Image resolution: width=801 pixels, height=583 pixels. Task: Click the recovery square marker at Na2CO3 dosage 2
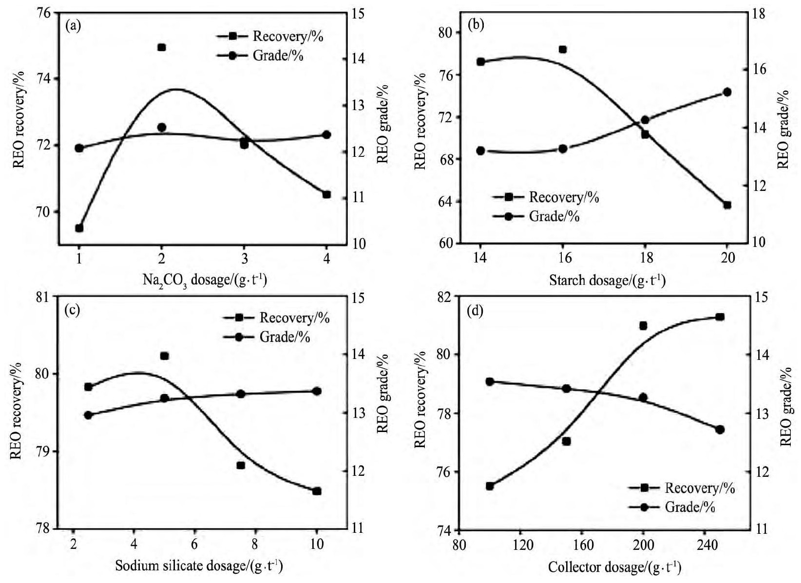[x=162, y=47]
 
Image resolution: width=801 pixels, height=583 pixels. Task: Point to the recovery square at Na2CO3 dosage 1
[x=79, y=228]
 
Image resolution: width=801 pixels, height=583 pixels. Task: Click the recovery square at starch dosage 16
[x=563, y=49]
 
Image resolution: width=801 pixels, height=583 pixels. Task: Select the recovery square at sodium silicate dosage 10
[x=317, y=491]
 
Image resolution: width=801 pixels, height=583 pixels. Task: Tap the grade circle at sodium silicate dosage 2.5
[x=88, y=415]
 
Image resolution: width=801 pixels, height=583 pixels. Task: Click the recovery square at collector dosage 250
[x=720, y=317]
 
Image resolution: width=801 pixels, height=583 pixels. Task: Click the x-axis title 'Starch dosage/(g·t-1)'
[x=607, y=281]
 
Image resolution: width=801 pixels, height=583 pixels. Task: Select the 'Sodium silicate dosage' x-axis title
[x=199, y=566]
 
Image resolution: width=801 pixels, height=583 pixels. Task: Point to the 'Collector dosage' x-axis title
[x=614, y=567]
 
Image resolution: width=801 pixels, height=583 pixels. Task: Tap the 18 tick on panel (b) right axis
[x=759, y=13]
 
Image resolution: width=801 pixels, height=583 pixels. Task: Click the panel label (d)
[x=475, y=311]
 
